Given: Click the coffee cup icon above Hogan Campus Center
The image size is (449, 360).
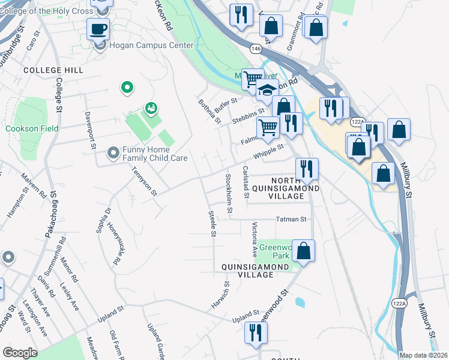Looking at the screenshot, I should point(98,28).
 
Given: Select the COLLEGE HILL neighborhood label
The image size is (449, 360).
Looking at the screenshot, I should point(53,70).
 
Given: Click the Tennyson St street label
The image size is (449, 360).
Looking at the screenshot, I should point(144,181).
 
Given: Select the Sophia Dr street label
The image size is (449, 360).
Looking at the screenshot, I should point(108,219).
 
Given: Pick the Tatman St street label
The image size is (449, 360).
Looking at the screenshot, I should point(291,220).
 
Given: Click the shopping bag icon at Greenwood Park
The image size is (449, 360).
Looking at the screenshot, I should point(304,250).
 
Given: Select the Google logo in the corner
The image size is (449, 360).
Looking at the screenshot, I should point(20,353).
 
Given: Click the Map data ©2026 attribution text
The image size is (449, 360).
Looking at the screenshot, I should point(423,355).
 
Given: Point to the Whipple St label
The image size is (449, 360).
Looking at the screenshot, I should point(268,151).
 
